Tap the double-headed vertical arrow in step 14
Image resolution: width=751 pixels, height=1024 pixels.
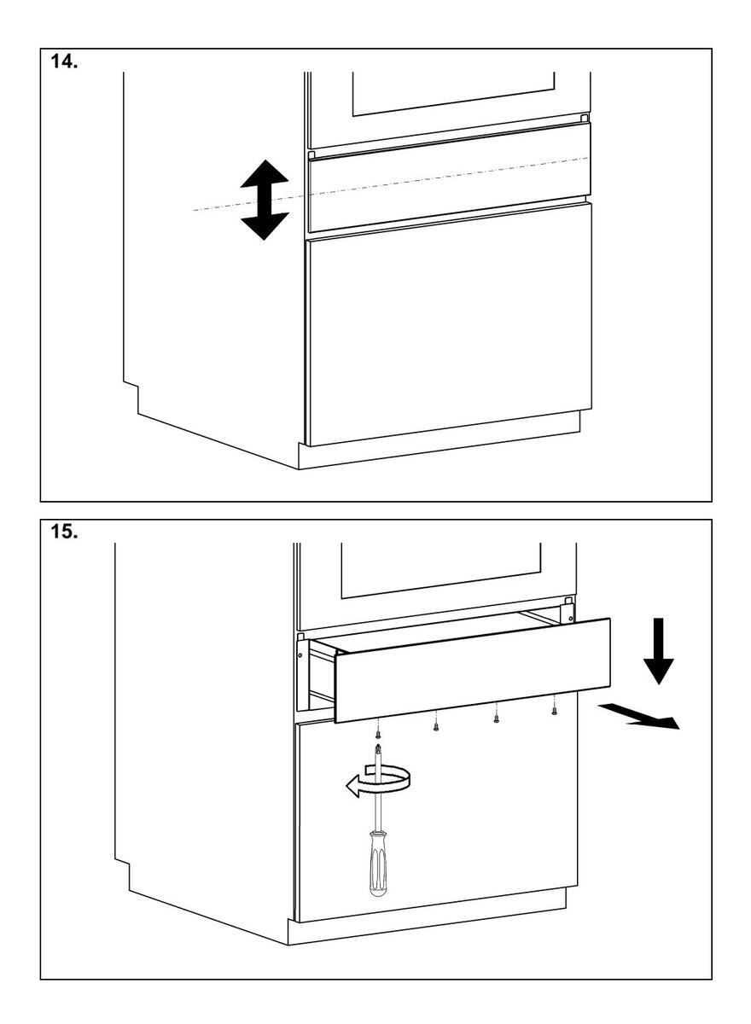coord(265,199)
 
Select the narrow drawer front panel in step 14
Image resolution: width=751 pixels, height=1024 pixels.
coord(449,177)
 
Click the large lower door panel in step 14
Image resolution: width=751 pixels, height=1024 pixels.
coord(449,324)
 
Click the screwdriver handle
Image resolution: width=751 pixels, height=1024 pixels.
coord(377,866)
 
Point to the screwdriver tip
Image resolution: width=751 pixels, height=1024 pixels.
coord(377,748)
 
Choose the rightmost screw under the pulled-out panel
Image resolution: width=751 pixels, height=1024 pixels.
coord(555,708)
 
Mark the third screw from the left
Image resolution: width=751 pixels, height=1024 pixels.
coord(496,718)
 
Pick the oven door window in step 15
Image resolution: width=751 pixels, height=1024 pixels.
coord(441,567)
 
